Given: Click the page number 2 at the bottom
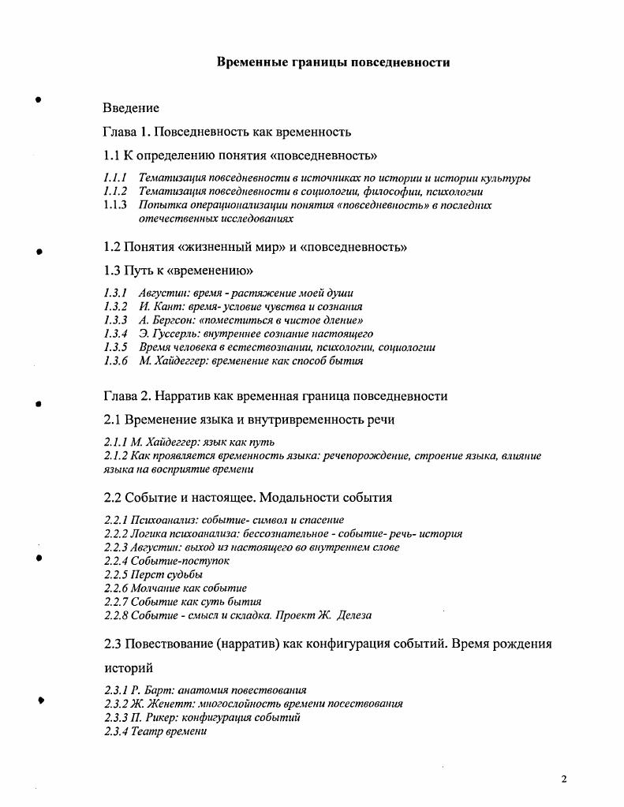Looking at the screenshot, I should click(x=564, y=779).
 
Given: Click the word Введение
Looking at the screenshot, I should click(x=131, y=108).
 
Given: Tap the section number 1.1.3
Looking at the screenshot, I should click(x=115, y=205).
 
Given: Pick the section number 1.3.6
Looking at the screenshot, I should click(x=115, y=361).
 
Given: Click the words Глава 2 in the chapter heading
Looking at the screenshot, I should click(x=125, y=396).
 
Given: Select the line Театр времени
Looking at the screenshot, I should click(x=155, y=731).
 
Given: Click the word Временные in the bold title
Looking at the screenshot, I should click(x=253, y=62).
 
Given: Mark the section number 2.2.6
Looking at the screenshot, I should click(x=116, y=588).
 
